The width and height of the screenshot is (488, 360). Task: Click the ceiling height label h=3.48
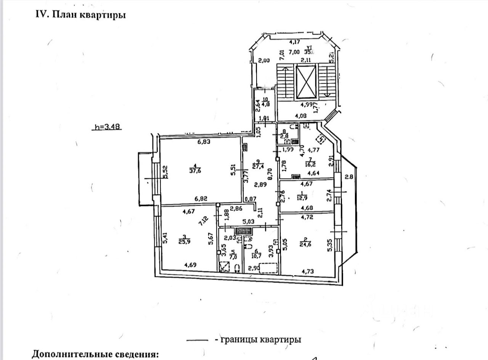pyautogui.click(x=107, y=127)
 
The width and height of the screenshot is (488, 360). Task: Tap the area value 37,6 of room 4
pyautogui.click(x=196, y=170)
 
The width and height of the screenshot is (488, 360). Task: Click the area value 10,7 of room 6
pyautogui.click(x=258, y=253)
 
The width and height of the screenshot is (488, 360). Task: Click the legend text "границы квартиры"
pyautogui.click(x=262, y=339)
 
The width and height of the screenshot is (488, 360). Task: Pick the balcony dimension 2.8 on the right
pyautogui.click(x=349, y=176)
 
